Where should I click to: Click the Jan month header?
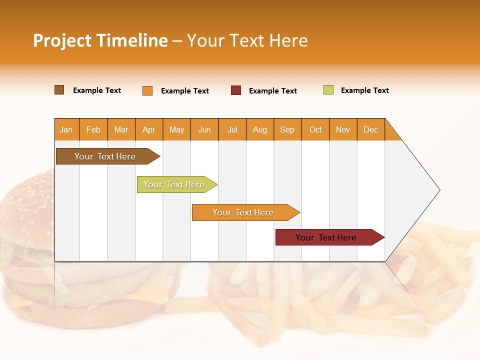(x=66, y=129)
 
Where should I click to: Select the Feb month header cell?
(x=93, y=129)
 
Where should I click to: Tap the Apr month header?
(x=149, y=129)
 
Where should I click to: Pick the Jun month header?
(x=204, y=129)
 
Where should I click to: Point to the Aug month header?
(x=260, y=129)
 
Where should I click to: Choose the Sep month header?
(x=287, y=129)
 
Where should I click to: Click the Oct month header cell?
(x=315, y=129)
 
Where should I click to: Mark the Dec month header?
(x=371, y=129)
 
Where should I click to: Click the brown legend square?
(x=59, y=90)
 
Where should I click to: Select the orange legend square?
(x=147, y=90)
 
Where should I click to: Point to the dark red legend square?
(x=236, y=90)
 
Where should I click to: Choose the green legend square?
(x=328, y=90)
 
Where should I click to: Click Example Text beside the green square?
(x=364, y=90)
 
